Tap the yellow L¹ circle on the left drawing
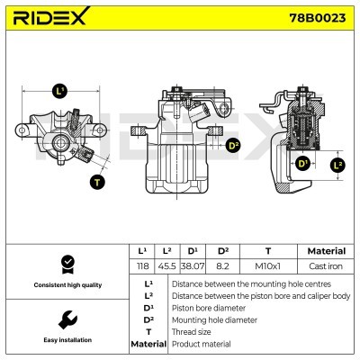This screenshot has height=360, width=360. coord(60,90)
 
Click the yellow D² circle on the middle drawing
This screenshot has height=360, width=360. coord(233,145)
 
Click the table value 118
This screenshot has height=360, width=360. coord(140,267)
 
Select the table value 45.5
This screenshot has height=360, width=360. coord(166,267)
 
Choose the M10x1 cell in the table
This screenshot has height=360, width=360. coord(267,267)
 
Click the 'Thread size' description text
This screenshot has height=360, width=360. coord(192,331)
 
